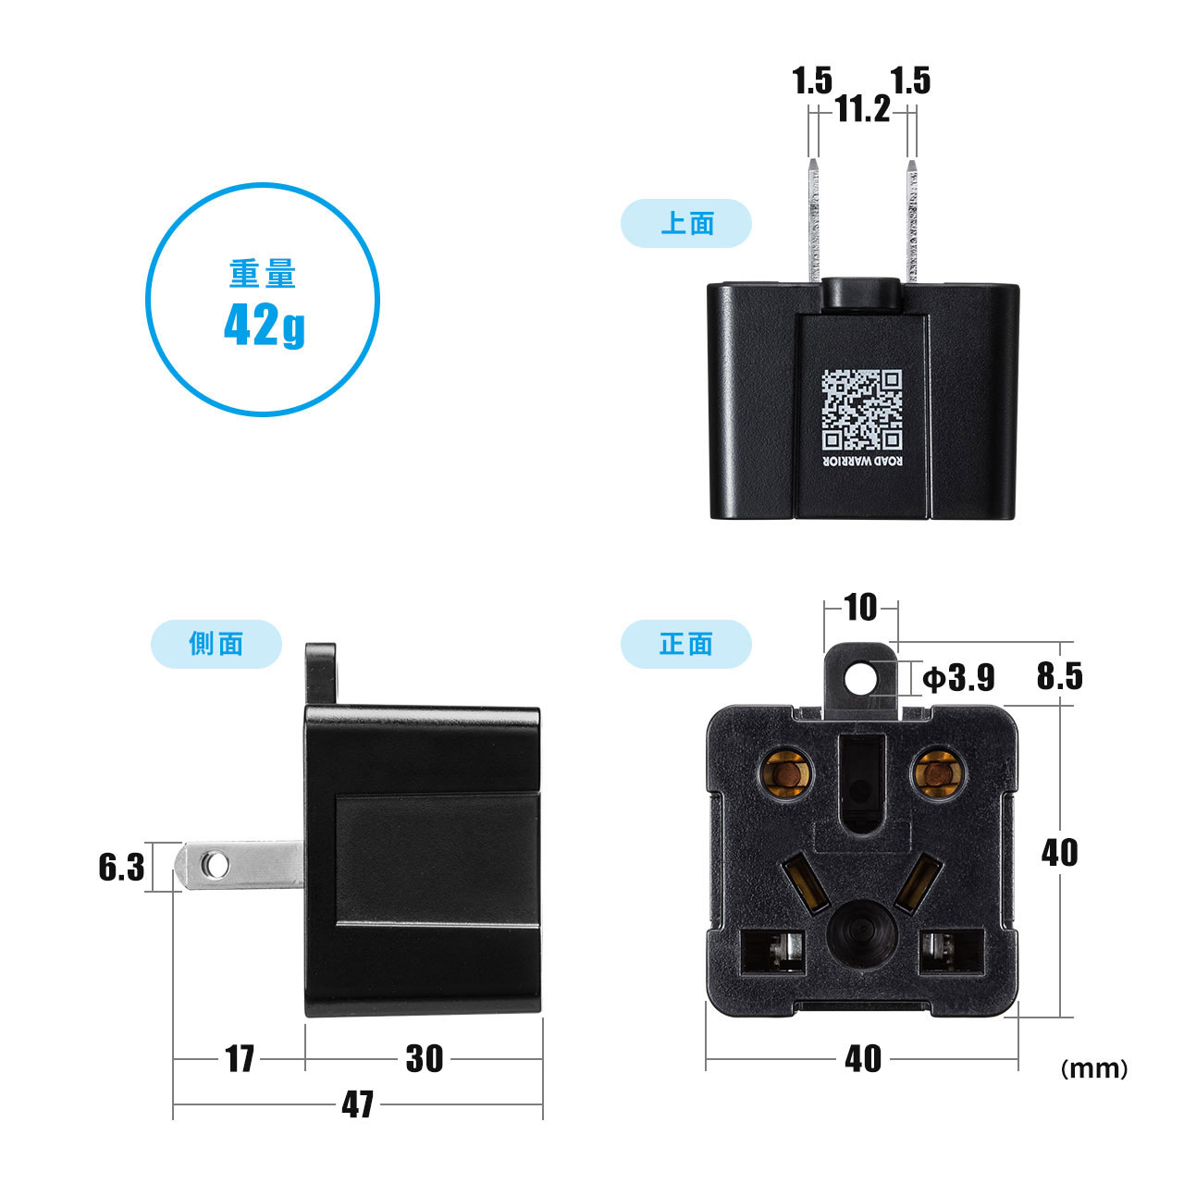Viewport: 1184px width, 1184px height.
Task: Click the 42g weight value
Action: tap(265, 326)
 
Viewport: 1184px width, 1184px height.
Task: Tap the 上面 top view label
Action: tap(687, 223)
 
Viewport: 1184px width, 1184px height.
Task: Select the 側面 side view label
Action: tap(216, 643)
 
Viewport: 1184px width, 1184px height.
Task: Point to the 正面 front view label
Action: tap(685, 644)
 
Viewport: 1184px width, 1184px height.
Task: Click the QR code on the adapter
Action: tap(862, 409)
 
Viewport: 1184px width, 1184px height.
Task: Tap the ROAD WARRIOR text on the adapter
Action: tap(863, 461)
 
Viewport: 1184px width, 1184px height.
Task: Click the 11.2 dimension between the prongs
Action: tap(863, 110)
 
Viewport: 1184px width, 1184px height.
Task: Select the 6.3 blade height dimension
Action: tap(121, 868)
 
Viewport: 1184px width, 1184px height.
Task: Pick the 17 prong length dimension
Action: tap(240, 1058)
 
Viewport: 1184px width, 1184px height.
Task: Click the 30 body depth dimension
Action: tap(424, 1058)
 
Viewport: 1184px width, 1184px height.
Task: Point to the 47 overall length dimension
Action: tap(358, 1104)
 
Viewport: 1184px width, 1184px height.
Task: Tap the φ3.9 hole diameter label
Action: tap(958, 678)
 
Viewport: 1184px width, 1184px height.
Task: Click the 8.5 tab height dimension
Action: tap(1059, 676)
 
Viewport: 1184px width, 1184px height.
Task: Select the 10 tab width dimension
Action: tap(861, 608)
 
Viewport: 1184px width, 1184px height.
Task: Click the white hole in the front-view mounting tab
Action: tap(859, 679)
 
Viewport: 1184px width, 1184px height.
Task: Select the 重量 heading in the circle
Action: tap(263, 274)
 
